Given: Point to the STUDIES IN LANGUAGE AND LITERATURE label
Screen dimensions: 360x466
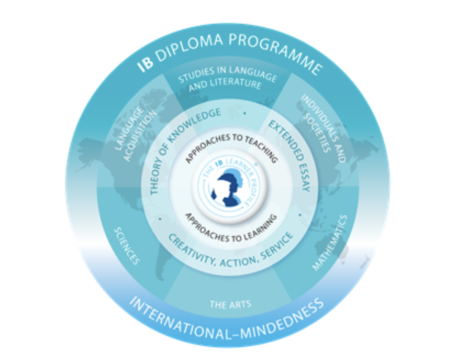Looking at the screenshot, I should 219,78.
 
